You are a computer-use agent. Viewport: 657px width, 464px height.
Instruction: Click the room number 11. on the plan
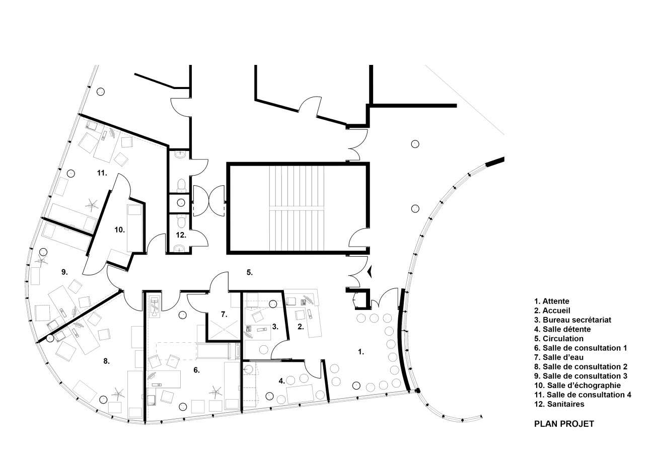point(102,173)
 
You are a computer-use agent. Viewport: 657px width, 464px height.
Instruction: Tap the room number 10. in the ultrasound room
point(119,229)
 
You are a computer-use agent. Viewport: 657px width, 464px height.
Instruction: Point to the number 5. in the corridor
point(249,272)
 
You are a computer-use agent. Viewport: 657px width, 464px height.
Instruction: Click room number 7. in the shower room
point(224,314)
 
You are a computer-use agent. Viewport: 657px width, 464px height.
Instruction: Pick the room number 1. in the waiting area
point(360,352)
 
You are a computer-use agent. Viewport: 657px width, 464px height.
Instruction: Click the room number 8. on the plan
point(106,360)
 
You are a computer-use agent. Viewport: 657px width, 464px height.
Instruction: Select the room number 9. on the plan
point(64,272)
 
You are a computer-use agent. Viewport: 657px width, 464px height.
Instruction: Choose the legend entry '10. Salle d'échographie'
point(577,385)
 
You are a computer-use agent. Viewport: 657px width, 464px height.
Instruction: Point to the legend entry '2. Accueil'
point(552,311)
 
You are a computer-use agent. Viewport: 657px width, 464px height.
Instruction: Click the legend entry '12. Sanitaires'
point(559,404)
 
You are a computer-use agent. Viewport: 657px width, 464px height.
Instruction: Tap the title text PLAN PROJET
point(564,424)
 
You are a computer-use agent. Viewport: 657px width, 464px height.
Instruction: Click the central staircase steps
point(298,208)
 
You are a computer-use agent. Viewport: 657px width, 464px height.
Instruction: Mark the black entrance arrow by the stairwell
point(370,272)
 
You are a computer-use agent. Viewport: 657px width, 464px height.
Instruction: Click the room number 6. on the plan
point(196,370)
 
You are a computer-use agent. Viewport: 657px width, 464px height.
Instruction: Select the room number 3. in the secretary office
point(275,326)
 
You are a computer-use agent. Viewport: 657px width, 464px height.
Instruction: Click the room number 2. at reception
point(301,326)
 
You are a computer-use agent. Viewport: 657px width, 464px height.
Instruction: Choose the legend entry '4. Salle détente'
point(563,329)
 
